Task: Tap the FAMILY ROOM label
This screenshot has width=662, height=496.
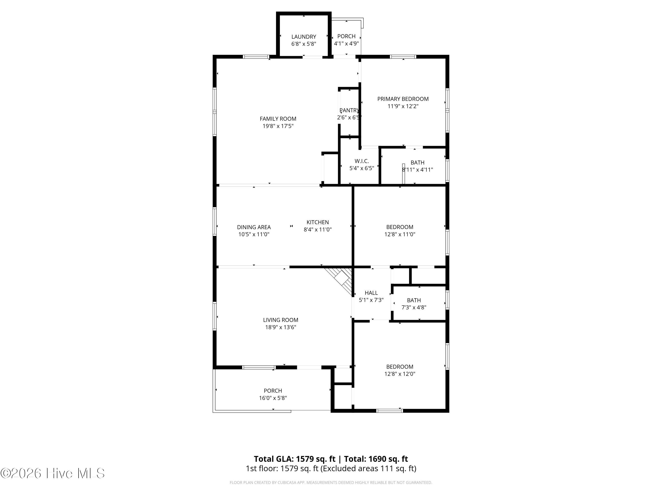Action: click(x=278, y=119)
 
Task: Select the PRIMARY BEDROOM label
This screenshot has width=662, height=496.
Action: click(x=403, y=99)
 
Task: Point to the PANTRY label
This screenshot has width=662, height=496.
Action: click(x=349, y=110)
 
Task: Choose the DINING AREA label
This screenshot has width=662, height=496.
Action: click(x=254, y=227)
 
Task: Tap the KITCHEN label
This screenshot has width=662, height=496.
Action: click(x=318, y=222)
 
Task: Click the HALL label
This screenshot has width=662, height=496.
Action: click(x=371, y=293)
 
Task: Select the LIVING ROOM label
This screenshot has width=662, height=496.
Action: click(x=280, y=320)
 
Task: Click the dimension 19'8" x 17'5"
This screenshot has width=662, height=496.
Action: click(x=278, y=126)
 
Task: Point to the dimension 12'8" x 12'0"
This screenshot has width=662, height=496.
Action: click(x=400, y=374)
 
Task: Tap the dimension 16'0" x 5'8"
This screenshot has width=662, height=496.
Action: click(x=273, y=398)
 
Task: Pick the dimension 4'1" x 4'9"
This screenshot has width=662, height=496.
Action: click(x=346, y=43)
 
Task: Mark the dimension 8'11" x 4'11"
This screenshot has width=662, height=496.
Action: click(x=417, y=170)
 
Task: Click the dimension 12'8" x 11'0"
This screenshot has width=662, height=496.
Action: click(x=400, y=234)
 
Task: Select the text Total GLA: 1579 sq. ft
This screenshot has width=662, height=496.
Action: click(x=295, y=459)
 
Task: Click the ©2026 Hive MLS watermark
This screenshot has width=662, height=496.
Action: click(x=53, y=473)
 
